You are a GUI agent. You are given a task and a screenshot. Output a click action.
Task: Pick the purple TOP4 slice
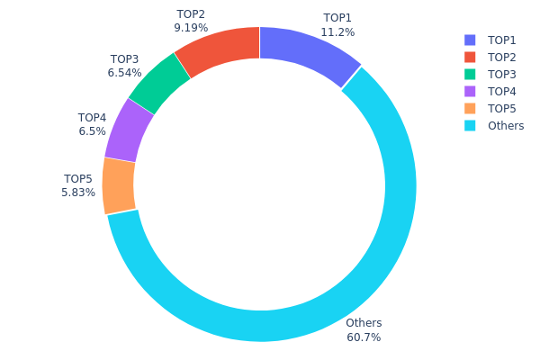coord(129,131)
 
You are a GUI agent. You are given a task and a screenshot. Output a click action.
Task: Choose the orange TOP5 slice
coord(119,186)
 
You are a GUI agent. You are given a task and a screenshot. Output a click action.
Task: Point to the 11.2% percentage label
coord(337,32)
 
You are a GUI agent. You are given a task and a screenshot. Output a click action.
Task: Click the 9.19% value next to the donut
coord(191,28)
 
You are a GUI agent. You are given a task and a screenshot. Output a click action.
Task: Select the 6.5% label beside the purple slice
coord(93,131)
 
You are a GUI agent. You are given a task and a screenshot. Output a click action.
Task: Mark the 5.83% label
coord(78,193)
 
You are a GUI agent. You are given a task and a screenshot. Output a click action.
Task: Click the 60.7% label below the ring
coord(364,337)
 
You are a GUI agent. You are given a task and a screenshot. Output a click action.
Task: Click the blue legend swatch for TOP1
coord(470,40)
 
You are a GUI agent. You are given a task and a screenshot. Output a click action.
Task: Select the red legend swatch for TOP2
coord(470,58)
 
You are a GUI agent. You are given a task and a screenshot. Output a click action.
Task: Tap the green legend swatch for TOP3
coord(470,75)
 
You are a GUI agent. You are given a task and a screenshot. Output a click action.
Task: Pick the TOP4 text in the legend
coord(502,92)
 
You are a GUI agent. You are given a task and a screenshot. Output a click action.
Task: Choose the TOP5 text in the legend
coord(502,109)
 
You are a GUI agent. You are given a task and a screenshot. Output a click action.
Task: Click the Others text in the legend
coord(506,126)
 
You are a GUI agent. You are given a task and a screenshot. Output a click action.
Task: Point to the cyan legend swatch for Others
coord(470,126)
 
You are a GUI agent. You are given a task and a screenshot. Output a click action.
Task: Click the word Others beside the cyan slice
coord(364,323)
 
